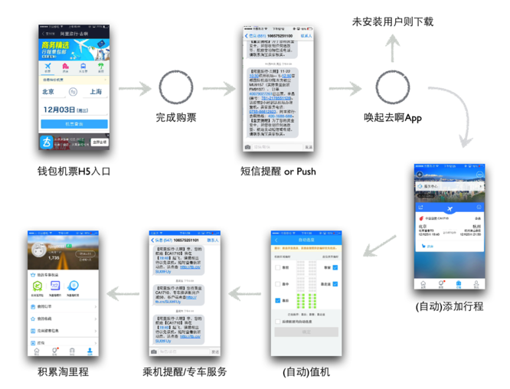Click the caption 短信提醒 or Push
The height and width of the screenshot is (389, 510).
(277, 171)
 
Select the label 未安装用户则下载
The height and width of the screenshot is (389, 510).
(392, 21)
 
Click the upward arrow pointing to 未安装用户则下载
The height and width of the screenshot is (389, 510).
(393, 49)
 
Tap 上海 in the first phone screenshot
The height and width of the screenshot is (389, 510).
(96, 92)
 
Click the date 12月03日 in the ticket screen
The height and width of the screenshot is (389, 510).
(65, 110)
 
